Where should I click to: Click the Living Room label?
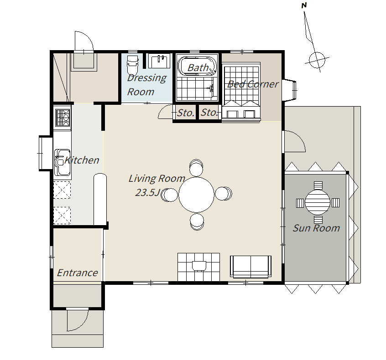click(x=157, y=179)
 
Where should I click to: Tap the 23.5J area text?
click(x=147, y=193)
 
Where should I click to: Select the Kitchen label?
click(x=82, y=160)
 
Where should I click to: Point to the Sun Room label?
click(x=316, y=228)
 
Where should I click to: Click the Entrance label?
click(x=77, y=273)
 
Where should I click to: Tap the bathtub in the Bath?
click(x=197, y=66)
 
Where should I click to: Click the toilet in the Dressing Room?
click(x=132, y=65)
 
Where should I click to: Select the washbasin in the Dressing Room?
click(x=159, y=61)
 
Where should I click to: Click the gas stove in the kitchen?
click(x=63, y=118)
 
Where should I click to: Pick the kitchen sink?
click(x=63, y=162)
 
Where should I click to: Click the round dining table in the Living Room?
click(x=196, y=195)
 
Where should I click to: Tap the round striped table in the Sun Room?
click(x=318, y=202)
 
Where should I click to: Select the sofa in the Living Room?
click(x=250, y=267)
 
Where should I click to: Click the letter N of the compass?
click(x=304, y=5)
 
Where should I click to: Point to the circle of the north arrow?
click(x=317, y=60)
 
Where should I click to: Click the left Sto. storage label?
click(x=186, y=113)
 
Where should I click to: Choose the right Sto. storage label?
click(x=209, y=113)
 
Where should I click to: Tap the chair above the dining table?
click(x=196, y=167)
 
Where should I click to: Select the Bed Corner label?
click(x=253, y=84)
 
